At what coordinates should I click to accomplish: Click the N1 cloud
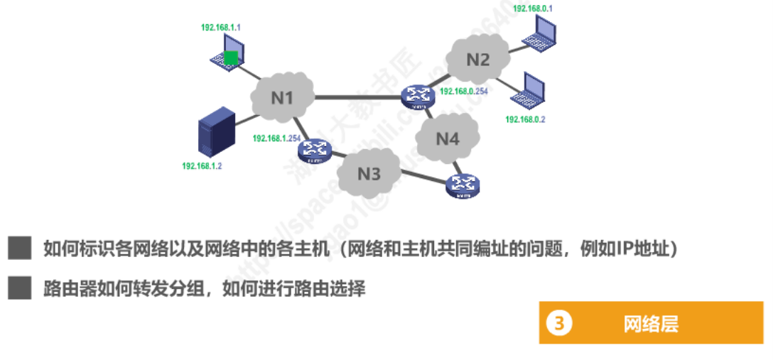click(x=283, y=97)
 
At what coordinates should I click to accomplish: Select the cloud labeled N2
click(x=478, y=59)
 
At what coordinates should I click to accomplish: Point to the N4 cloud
click(x=448, y=138)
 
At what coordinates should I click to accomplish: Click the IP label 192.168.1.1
click(x=221, y=27)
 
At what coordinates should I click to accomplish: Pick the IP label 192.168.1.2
click(x=202, y=165)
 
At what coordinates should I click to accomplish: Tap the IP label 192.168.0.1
click(x=532, y=9)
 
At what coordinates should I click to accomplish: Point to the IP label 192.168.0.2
click(x=525, y=119)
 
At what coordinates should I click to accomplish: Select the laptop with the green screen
click(x=228, y=56)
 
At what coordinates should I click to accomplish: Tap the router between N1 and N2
click(x=416, y=97)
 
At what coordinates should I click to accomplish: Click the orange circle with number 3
click(x=559, y=324)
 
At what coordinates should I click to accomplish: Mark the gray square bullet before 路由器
click(x=20, y=288)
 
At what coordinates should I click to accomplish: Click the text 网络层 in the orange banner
click(x=651, y=324)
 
